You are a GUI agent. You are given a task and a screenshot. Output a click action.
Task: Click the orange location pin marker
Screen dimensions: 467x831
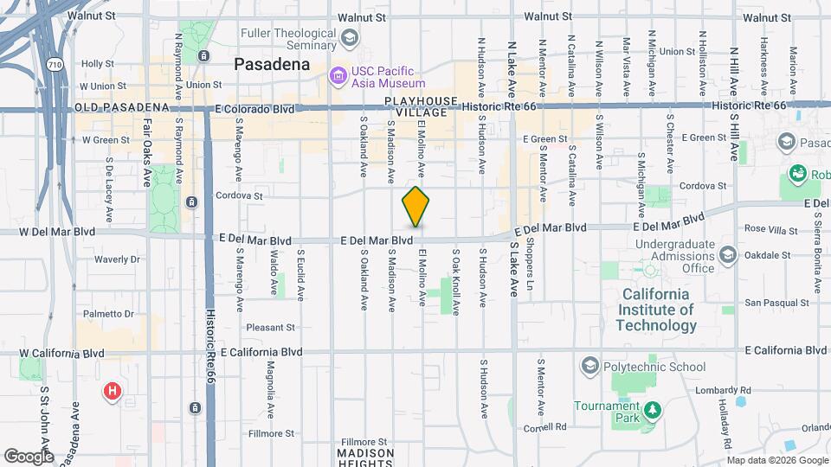(416, 206)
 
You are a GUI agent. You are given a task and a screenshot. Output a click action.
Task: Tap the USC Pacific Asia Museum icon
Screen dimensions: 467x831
(337, 77)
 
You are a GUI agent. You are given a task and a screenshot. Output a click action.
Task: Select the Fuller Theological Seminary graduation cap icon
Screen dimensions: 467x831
(349, 37)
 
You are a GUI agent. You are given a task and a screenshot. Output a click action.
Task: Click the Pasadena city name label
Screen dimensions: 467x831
(272, 65)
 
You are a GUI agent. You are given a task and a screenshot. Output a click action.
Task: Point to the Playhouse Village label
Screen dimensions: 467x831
(421, 107)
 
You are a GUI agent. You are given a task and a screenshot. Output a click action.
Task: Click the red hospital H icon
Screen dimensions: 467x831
(112, 393)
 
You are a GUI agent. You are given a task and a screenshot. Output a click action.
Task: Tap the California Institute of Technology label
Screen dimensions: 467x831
(658, 310)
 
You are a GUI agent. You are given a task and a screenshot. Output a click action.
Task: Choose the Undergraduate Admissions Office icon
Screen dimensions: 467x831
(728, 256)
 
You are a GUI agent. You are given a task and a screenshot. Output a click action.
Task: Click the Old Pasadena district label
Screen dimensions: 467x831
(122, 107)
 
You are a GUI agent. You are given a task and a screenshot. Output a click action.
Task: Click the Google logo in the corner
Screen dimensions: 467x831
(28, 456)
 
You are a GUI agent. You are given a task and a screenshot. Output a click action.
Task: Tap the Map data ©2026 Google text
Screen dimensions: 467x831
(776, 460)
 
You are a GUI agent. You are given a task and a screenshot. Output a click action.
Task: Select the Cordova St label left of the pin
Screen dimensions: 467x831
(239, 195)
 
